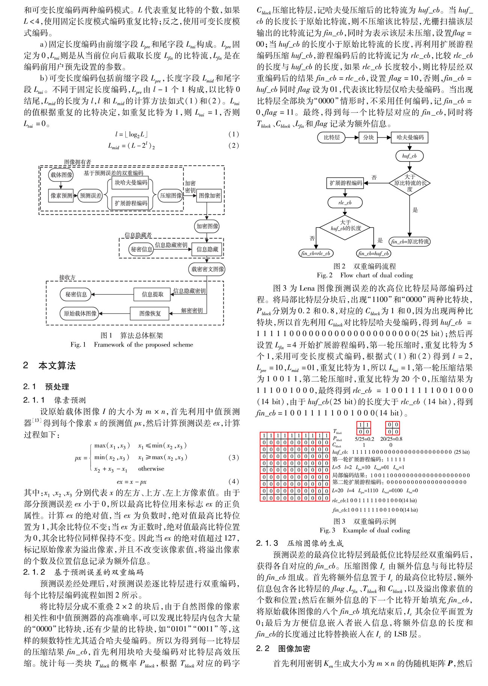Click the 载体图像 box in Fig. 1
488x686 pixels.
(61, 175)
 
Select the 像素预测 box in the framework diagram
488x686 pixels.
(61, 196)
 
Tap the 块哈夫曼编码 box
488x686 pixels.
(131, 183)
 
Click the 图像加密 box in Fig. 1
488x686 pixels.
(209, 196)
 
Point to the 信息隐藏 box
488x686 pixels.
(207, 249)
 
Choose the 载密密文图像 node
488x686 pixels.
(207, 269)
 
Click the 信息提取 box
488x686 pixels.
(152, 294)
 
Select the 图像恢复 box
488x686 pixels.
(150, 313)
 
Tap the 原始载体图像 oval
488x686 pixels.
(80, 313)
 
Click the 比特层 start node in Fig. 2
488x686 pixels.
(331, 137)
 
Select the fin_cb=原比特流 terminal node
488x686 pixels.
(410, 241)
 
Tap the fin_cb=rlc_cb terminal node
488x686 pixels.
(316, 253)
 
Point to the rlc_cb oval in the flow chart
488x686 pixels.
(345, 203)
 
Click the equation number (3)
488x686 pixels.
(233, 457)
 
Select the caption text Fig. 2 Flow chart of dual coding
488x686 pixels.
(364, 275)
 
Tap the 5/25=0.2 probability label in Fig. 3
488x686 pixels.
(364, 439)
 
